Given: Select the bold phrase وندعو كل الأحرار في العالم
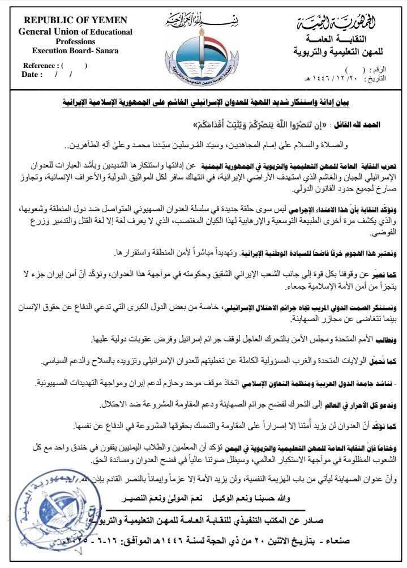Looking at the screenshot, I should (359, 406).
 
